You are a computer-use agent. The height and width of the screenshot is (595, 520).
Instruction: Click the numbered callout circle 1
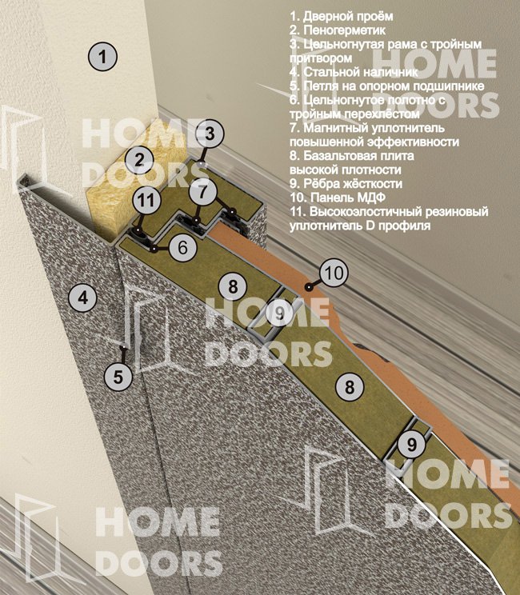[102, 57]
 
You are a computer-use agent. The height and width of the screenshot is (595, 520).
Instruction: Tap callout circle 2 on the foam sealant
[140, 160]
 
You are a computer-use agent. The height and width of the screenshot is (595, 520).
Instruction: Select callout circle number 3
[210, 134]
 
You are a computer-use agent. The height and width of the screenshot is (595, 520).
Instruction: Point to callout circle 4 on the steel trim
[82, 297]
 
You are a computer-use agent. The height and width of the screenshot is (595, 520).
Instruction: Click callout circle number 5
[118, 377]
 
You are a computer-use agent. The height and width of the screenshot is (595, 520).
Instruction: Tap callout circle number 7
[203, 191]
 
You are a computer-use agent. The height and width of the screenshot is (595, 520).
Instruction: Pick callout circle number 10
[334, 273]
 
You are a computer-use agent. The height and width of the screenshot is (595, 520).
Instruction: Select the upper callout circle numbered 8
[233, 286]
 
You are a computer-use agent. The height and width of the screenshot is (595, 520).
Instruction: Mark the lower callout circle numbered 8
[349, 387]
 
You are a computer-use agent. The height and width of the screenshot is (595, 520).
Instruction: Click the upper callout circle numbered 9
[279, 313]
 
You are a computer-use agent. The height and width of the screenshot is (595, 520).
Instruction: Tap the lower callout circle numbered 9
[412, 444]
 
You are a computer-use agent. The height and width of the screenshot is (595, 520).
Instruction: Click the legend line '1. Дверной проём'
[342, 16]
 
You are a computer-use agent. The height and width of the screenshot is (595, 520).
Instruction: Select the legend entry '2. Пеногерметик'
[337, 30]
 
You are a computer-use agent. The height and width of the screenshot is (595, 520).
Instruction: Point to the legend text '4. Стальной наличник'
[354, 72]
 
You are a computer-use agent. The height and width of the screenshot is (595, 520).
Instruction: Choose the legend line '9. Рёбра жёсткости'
[346, 183]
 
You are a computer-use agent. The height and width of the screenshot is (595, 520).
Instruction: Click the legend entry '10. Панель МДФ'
[338, 198]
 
